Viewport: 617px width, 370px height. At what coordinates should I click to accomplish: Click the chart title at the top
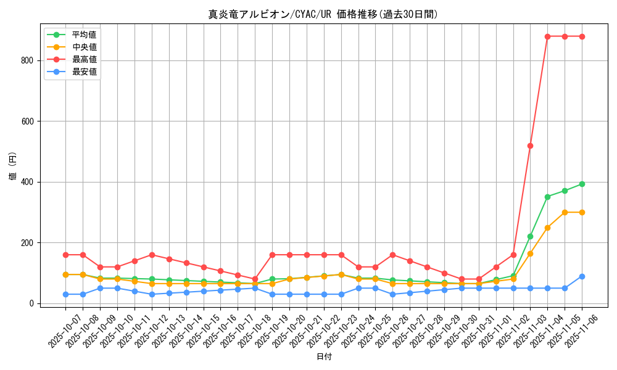(323, 14)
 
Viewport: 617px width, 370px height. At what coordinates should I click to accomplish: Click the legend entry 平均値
(84, 35)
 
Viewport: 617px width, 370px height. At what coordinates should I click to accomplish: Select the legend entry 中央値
(84, 47)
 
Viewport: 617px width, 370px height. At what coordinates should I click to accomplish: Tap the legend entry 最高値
(84, 59)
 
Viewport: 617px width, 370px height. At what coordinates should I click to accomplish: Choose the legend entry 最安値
(84, 72)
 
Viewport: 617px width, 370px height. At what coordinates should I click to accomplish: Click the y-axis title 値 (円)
(13, 167)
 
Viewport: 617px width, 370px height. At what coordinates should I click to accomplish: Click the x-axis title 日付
(324, 357)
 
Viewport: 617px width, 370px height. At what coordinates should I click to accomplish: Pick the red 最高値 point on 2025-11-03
(530, 146)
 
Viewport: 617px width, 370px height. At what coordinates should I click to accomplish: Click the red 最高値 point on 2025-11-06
(582, 36)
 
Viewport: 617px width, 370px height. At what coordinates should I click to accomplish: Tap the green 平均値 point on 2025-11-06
(582, 184)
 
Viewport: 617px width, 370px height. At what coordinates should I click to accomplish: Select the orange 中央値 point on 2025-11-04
(547, 228)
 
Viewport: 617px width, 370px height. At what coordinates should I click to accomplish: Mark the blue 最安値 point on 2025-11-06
(582, 276)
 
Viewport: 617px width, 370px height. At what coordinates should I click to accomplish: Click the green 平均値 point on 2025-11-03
(530, 236)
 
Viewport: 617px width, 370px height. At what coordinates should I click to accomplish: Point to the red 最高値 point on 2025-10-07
(65, 255)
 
